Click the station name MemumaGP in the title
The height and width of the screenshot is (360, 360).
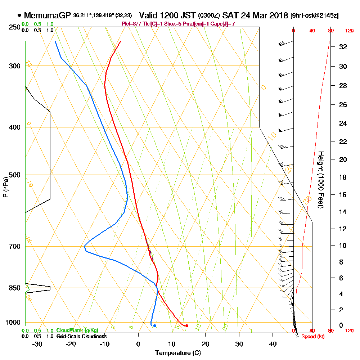(x=48, y=16)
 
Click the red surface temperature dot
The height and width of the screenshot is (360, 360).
(x=186, y=326)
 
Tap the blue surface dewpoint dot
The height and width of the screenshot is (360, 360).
(x=154, y=326)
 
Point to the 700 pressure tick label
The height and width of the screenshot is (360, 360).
(x=14, y=247)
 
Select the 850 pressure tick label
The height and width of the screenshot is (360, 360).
(x=14, y=288)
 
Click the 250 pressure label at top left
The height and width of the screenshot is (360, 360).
(x=14, y=27)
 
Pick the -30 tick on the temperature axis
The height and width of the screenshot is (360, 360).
(x=37, y=344)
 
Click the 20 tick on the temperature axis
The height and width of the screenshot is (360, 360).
(x=206, y=344)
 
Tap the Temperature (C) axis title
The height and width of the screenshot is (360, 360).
(x=178, y=353)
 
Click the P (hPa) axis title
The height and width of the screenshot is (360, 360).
(x=5, y=187)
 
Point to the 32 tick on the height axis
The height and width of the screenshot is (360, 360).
(x=343, y=46)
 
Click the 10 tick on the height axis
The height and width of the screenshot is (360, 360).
(x=343, y=246)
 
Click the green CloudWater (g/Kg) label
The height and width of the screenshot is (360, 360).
(x=77, y=330)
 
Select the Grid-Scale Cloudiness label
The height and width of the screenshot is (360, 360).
(x=81, y=336)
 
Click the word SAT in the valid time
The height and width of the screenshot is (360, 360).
(x=230, y=16)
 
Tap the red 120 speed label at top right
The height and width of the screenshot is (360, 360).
(x=349, y=31)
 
